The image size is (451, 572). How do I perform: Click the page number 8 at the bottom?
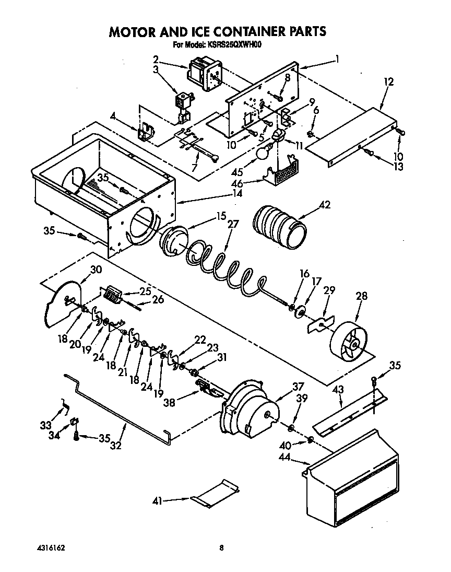[221, 548]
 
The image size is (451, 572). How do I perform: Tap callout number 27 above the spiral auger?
[233, 224]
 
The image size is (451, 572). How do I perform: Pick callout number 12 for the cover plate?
[387, 81]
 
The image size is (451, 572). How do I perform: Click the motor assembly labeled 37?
[251, 410]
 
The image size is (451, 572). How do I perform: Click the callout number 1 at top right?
[337, 59]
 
